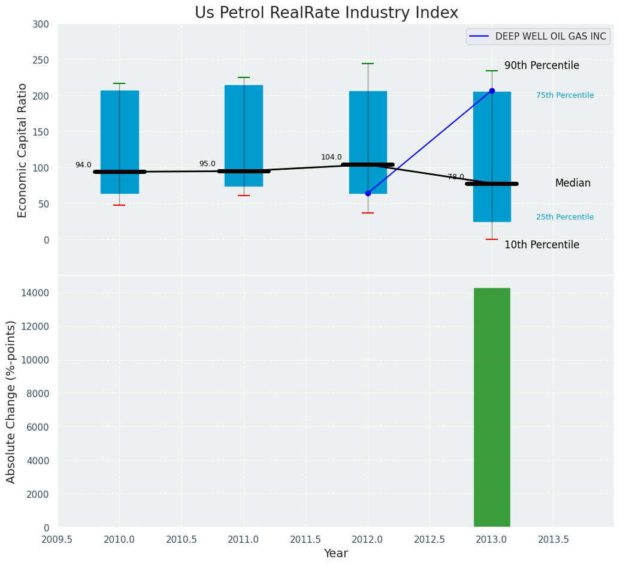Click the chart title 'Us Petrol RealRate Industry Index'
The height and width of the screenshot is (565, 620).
[326, 13]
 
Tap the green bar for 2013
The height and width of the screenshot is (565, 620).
[492, 407]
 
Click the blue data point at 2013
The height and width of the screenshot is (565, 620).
[492, 91]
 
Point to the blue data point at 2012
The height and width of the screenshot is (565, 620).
[368, 193]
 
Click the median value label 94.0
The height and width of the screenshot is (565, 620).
[83, 166]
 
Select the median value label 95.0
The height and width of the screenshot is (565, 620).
[207, 164]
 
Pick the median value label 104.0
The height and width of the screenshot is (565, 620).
[331, 158]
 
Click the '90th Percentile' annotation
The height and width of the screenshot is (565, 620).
[542, 66]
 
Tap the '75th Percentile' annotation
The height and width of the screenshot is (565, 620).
[565, 95]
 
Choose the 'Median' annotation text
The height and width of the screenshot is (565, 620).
[573, 184]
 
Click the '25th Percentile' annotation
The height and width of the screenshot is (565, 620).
[565, 217]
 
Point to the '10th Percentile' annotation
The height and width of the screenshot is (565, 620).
[542, 245]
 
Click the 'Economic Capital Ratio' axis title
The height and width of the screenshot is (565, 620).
[23, 150]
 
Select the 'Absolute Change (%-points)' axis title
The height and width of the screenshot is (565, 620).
[11, 401]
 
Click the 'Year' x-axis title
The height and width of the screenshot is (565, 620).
[335, 554]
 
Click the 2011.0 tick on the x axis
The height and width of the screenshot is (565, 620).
[244, 539]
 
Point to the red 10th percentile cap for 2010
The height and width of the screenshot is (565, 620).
[119, 205]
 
